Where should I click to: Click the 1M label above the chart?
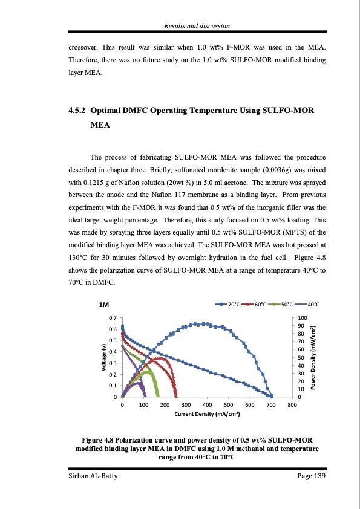(x=103, y=305)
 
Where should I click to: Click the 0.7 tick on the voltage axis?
(x=113, y=317)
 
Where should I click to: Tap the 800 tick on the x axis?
(x=292, y=405)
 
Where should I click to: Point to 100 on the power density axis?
(x=303, y=317)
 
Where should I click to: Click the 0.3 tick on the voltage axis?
(x=113, y=363)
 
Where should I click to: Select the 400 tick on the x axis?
(x=207, y=405)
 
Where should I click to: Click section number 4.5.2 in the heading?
(x=78, y=111)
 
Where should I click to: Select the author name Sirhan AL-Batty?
(x=94, y=478)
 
